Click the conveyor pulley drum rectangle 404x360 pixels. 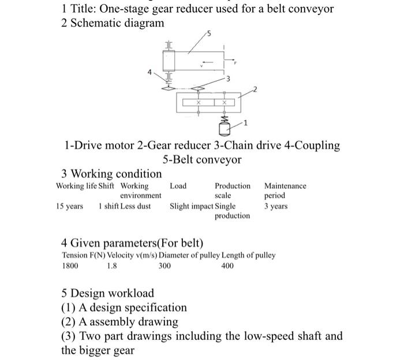point(169,60)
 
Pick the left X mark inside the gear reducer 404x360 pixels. point(199,103)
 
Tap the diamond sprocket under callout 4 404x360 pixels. point(169,88)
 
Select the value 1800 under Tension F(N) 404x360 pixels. point(71,267)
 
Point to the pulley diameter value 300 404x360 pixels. point(165,267)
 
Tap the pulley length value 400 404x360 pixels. point(228,267)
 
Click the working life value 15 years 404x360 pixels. point(70,206)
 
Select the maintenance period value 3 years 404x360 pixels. point(276,206)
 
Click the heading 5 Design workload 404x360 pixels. point(108,293)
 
